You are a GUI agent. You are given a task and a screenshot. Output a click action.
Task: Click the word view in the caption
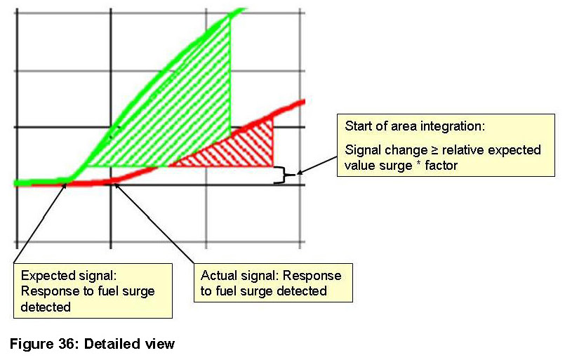tap(161, 344)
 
